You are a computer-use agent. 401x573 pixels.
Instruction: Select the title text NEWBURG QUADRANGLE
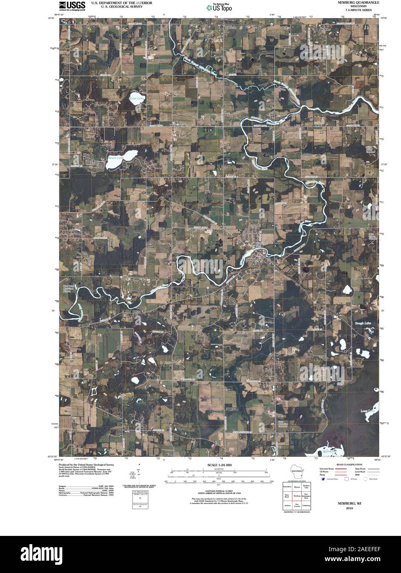click(x=358, y=2)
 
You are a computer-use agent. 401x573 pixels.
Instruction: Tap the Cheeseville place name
click(x=179, y=125)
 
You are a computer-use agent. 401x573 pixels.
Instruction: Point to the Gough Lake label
click(x=363, y=324)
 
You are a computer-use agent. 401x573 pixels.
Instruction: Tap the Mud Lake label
click(x=330, y=452)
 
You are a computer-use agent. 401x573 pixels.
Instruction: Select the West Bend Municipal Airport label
click(x=68, y=289)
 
